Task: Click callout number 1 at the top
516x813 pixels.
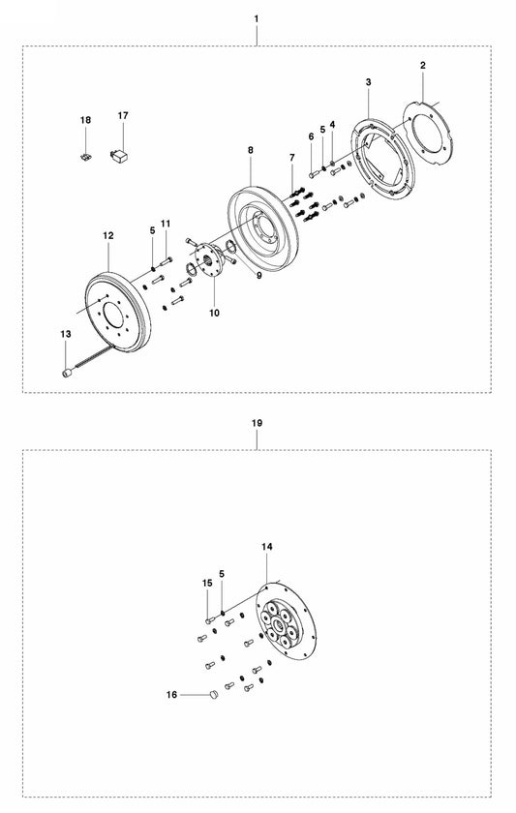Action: coord(257,18)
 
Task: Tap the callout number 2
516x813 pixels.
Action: coord(423,65)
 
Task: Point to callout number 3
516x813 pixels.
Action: coord(369,83)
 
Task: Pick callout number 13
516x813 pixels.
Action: coord(66,334)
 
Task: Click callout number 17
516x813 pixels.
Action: coord(123,115)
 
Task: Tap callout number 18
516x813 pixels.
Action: coord(85,120)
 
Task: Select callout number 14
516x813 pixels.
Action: coord(267,547)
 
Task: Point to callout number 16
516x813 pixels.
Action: coord(172,694)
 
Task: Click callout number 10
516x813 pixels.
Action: coord(214,313)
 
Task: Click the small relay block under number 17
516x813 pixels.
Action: coord(123,152)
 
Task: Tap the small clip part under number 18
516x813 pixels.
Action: coord(85,154)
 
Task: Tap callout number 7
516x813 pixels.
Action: coord(290,157)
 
